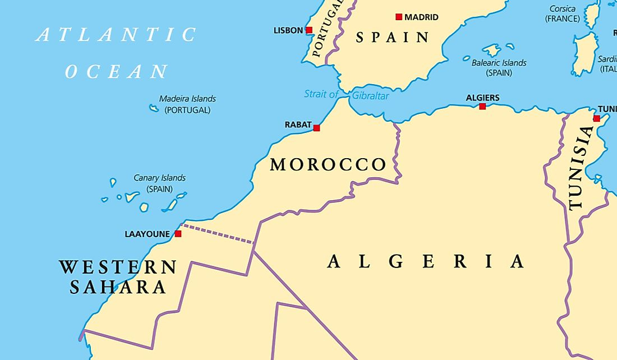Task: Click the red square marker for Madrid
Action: point(399,17)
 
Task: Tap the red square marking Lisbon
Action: point(309,30)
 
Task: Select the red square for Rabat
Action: point(316,128)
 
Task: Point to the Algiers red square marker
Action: point(482,106)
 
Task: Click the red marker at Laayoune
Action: point(178,234)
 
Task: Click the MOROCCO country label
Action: point(328,165)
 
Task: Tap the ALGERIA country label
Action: point(426,262)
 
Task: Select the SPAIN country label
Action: point(393,38)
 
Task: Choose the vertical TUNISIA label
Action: point(580,168)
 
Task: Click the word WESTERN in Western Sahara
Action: point(118,267)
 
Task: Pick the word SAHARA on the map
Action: point(118,288)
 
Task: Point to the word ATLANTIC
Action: point(116,35)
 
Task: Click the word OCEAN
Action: point(116,72)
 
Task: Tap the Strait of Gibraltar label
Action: point(346,95)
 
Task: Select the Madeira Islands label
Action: point(187,99)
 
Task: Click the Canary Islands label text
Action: point(159,178)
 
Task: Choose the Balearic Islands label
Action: point(499,63)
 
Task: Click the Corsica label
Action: point(562,9)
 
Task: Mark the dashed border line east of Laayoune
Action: point(219,234)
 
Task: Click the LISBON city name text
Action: point(288,30)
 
